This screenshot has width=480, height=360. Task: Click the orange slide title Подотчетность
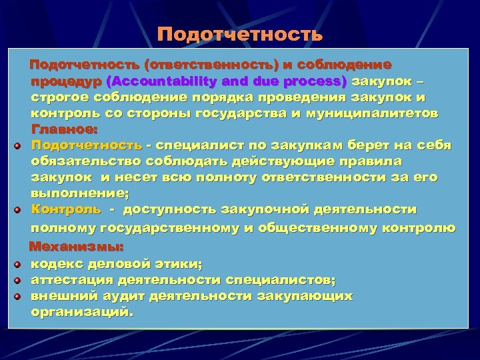tap(240, 33)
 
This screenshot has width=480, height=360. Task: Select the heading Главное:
tap(65, 129)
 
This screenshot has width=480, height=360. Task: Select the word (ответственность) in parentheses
tap(204, 66)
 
